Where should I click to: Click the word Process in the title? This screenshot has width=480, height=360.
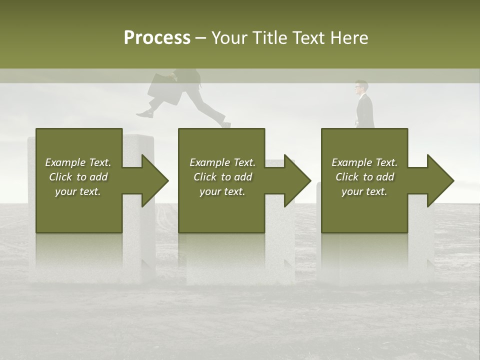point(157,38)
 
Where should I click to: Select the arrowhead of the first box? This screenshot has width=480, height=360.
point(154,180)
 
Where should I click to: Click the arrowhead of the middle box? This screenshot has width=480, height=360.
point(297,180)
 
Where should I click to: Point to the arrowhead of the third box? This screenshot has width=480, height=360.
point(440,180)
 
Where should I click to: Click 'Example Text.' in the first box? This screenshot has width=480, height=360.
point(78,162)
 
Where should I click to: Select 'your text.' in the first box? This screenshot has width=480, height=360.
point(78,191)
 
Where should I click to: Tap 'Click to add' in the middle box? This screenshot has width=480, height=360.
point(222,177)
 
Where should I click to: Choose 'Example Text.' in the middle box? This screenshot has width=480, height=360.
point(222,162)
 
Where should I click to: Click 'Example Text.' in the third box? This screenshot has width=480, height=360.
point(364,162)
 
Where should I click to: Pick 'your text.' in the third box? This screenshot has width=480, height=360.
point(364,191)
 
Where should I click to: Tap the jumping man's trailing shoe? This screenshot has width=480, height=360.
point(145,114)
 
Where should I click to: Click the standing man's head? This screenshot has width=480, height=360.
point(361,87)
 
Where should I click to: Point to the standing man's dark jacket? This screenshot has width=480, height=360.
point(365,111)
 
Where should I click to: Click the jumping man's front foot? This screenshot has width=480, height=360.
point(226,124)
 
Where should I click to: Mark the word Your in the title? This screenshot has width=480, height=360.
point(230,38)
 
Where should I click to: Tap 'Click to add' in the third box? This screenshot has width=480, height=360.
point(364,177)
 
